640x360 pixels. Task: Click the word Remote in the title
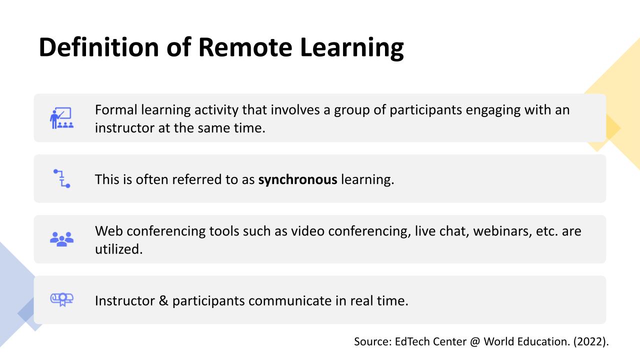coord(245,47)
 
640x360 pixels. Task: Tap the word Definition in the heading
coord(99,47)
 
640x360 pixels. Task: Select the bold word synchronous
coord(297,180)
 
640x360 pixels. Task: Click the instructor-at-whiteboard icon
coord(61,118)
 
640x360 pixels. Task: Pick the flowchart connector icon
coord(61,178)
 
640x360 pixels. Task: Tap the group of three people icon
coord(61,239)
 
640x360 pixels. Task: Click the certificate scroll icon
coord(61,299)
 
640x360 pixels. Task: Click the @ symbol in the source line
coord(475,341)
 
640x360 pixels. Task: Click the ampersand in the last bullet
coord(163,301)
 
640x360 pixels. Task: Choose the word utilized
coord(119,249)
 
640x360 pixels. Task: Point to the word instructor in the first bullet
coord(124,128)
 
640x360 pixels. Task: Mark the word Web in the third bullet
coord(109,231)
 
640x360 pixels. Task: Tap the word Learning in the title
coord(352,48)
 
